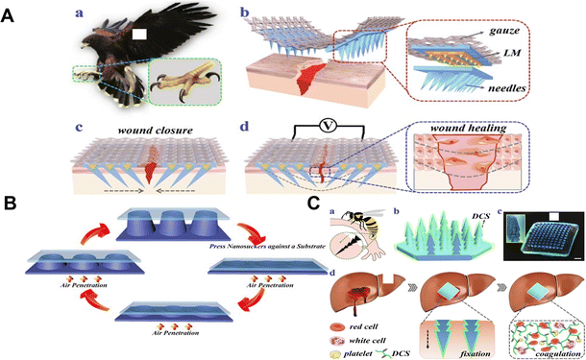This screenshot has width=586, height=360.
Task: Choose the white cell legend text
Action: tap(371, 326)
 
